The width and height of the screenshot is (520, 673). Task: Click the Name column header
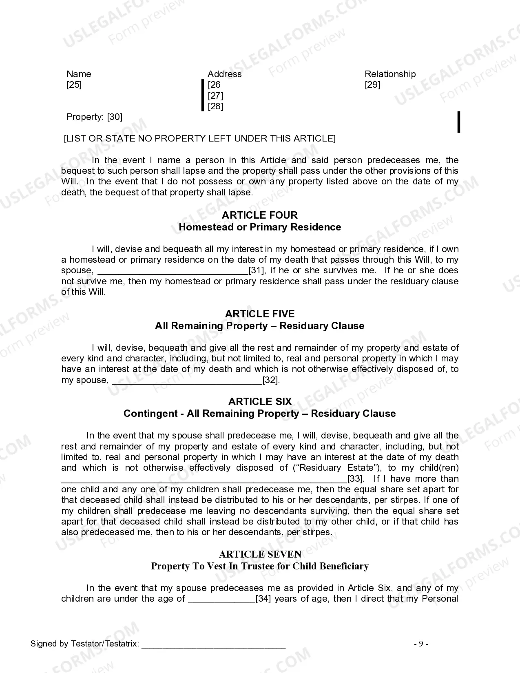[x=79, y=74]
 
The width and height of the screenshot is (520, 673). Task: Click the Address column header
[x=224, y=74]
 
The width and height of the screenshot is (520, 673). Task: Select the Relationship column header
[x=390, y=74]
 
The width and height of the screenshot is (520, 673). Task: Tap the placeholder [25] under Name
[x=74, y=85]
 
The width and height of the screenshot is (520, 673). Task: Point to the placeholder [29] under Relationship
[x=372, y=85]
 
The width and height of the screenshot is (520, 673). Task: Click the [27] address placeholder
[x=215, y=96]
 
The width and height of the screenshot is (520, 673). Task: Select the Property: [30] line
[x=94, y=117]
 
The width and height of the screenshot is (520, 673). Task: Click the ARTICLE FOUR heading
[x=260, y=215]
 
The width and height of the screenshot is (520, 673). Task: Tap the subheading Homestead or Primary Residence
[x=260, y=227]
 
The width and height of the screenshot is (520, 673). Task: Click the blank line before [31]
[x=173, y=272]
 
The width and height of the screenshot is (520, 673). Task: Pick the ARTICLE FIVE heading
[x=260, y=314]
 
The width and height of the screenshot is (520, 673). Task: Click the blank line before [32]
[x=187, y=381]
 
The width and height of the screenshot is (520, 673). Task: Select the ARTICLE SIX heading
[x=260, y=402]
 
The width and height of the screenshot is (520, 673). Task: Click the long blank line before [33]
[x=204, y=480]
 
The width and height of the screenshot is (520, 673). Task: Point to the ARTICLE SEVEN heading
[x=260, y=554]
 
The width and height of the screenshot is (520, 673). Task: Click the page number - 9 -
[x=421, y=644]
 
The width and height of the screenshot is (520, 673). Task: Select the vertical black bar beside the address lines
[x=202, y=95]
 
